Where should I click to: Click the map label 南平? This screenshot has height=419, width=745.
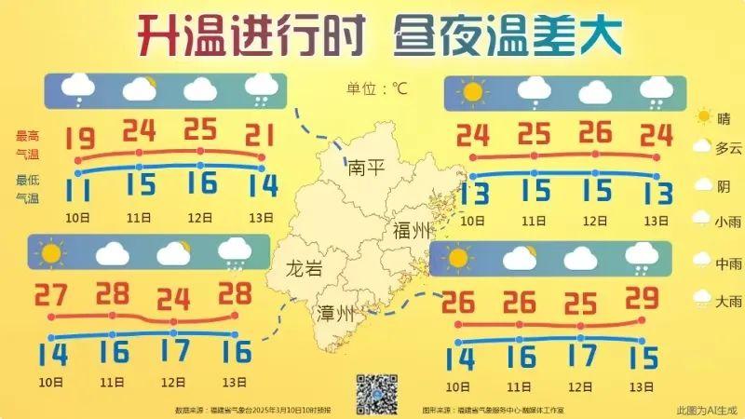click(x=365, y=169)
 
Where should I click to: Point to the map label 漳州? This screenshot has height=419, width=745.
click(x=336, y=313)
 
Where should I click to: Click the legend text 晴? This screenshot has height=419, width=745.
click(x=724, y=117)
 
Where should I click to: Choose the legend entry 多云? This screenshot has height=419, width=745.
click(x=728, y=147)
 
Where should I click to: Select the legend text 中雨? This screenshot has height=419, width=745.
click(x=728, y=264)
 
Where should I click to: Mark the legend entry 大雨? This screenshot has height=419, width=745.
click(x=728, y=301)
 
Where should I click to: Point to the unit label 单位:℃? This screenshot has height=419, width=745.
click(x=377, y=88)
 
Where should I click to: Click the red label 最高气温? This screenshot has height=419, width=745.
click(x=27, y=142)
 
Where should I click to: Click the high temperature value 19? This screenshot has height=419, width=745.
click(x=80, y=139)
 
